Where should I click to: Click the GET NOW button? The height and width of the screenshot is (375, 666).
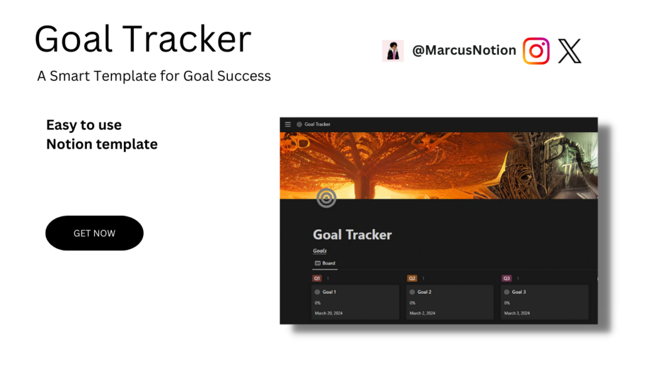[94, 233]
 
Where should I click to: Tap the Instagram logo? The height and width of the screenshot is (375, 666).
[536, 51]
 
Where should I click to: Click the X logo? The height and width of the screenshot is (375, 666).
[570, 51]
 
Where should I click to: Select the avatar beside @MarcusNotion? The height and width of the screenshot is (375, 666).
[393, 51]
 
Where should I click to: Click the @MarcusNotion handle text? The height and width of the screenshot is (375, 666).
[465, 50]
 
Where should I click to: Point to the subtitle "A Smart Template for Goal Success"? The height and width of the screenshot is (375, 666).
[154, 76]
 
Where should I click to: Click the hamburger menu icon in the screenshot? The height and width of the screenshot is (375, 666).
[288, 125]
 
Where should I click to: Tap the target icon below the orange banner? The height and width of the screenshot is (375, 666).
[326, 198]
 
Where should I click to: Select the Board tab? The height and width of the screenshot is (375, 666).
[325, 263]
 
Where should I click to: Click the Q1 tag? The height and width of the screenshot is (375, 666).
[317, 279]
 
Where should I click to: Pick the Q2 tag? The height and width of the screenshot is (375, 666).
[412, 279]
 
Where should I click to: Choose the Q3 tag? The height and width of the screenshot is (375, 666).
[506, 279]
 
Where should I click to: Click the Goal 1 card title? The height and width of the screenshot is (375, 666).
[329, 292]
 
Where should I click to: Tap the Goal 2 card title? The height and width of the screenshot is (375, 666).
[424, 292]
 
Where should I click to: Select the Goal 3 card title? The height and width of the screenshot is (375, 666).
[519, 292]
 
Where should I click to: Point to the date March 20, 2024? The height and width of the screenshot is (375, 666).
[329, 313]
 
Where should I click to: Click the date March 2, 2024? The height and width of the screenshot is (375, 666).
[422, 313]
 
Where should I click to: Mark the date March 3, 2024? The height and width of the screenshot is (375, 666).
[517, 313]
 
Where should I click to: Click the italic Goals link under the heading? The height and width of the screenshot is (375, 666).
[320, 251]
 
